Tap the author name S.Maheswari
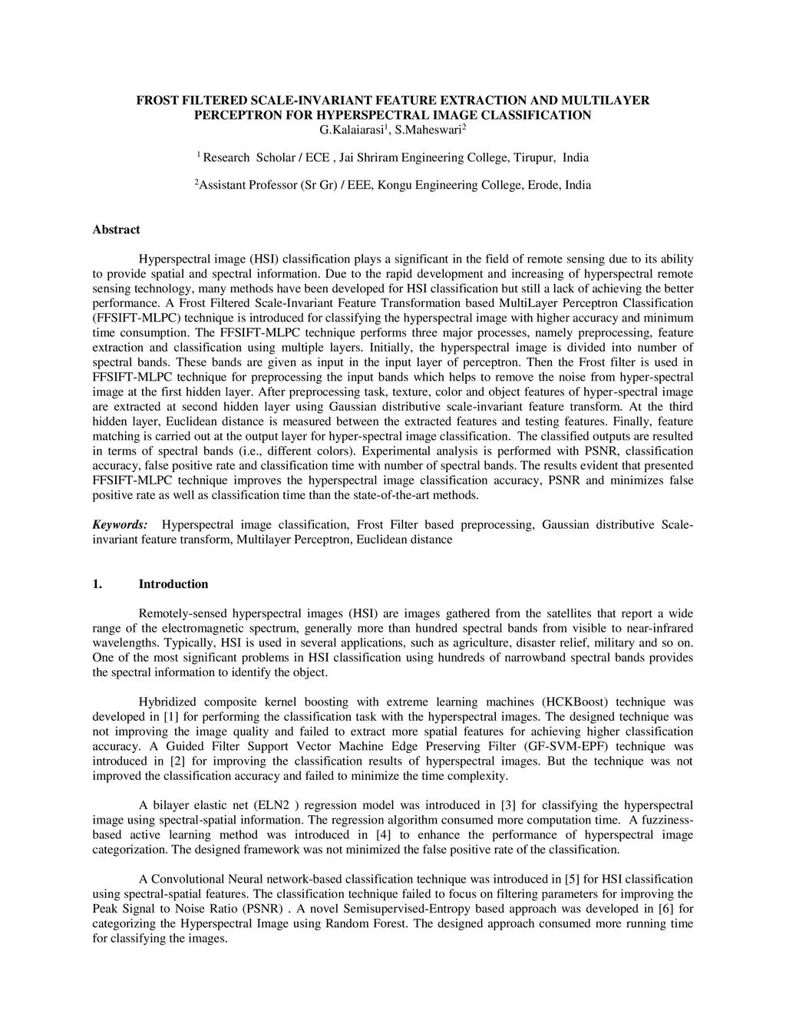pyautogui.click(x=428, y=130)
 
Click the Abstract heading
pyautogui.click(x=116, y=229)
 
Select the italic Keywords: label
pyautogui.click(x=121, y=525)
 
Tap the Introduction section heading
pyautogui.click(x=173, y=584)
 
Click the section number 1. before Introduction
pyautogui.click(x=97, y=584)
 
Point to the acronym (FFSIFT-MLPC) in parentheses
pyautogui.click(x=129, y=319)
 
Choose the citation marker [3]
pyautogui.click(x=507, y=805)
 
